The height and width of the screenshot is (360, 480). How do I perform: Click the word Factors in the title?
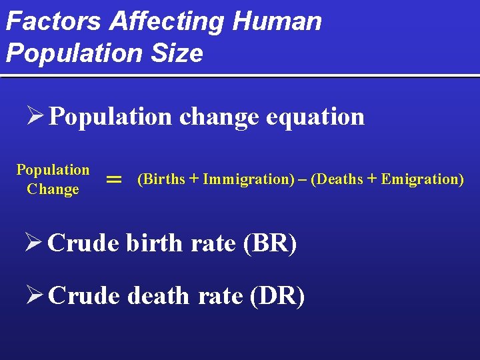click(54, 21)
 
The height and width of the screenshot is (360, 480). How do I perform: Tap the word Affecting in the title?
click(167, 21)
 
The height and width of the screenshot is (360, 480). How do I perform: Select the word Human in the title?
click(277, 21)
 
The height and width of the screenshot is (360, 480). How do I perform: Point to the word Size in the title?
click(177, 53)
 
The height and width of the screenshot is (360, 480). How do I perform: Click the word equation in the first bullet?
click(315, 117)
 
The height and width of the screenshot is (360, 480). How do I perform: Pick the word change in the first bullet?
click(219, 117)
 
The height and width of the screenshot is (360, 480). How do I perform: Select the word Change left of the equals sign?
click(53, 189)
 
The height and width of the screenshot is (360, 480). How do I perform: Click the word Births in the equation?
click(163, 179)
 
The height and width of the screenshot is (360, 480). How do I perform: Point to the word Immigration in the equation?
click(245, 179)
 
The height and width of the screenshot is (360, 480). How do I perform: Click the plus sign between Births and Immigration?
click(194, 179)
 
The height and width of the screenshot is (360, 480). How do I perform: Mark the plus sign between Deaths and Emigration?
click(372, 179)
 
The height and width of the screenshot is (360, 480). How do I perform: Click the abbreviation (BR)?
click(270, 243)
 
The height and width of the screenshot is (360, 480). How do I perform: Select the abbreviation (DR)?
click(277, 295)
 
